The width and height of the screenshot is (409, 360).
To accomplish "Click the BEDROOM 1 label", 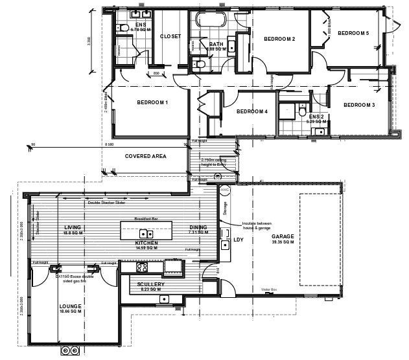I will point(152,102).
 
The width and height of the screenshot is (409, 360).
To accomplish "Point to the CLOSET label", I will point(170,37).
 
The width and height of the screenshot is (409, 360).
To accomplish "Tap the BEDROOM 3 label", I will point(359,105).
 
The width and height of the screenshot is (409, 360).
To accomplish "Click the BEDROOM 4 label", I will point(251,111).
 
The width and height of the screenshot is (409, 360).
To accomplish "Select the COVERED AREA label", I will point(145,156).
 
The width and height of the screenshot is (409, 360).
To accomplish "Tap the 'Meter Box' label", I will point(268,289).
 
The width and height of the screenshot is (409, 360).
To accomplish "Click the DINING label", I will point(198,227).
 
